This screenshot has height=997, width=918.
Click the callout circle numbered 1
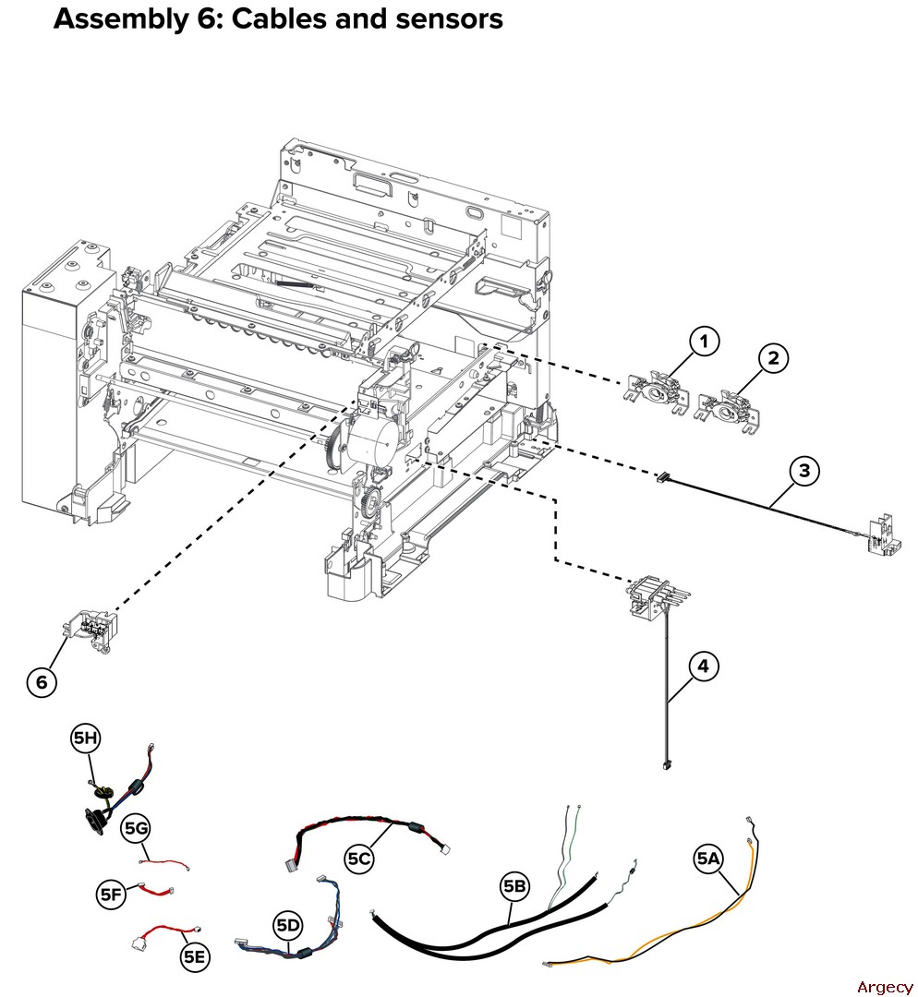(704, 342)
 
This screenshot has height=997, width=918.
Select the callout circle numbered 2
(773, 358)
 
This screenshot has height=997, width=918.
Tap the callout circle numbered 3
(804, 471)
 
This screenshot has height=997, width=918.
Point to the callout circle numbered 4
(704, 666)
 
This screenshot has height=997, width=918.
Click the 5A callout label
(708, 859)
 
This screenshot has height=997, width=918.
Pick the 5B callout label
(514, 887)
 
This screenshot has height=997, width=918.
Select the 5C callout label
(359, 859)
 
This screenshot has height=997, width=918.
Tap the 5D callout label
(288, 924)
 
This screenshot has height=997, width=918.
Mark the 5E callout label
(194, 957)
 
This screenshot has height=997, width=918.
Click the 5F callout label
(111, 894)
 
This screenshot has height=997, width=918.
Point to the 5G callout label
(136, 828)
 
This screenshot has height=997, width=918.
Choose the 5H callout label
(85, 738)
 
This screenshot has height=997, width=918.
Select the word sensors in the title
(449, 18)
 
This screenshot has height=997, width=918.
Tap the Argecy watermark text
(884, 987)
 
